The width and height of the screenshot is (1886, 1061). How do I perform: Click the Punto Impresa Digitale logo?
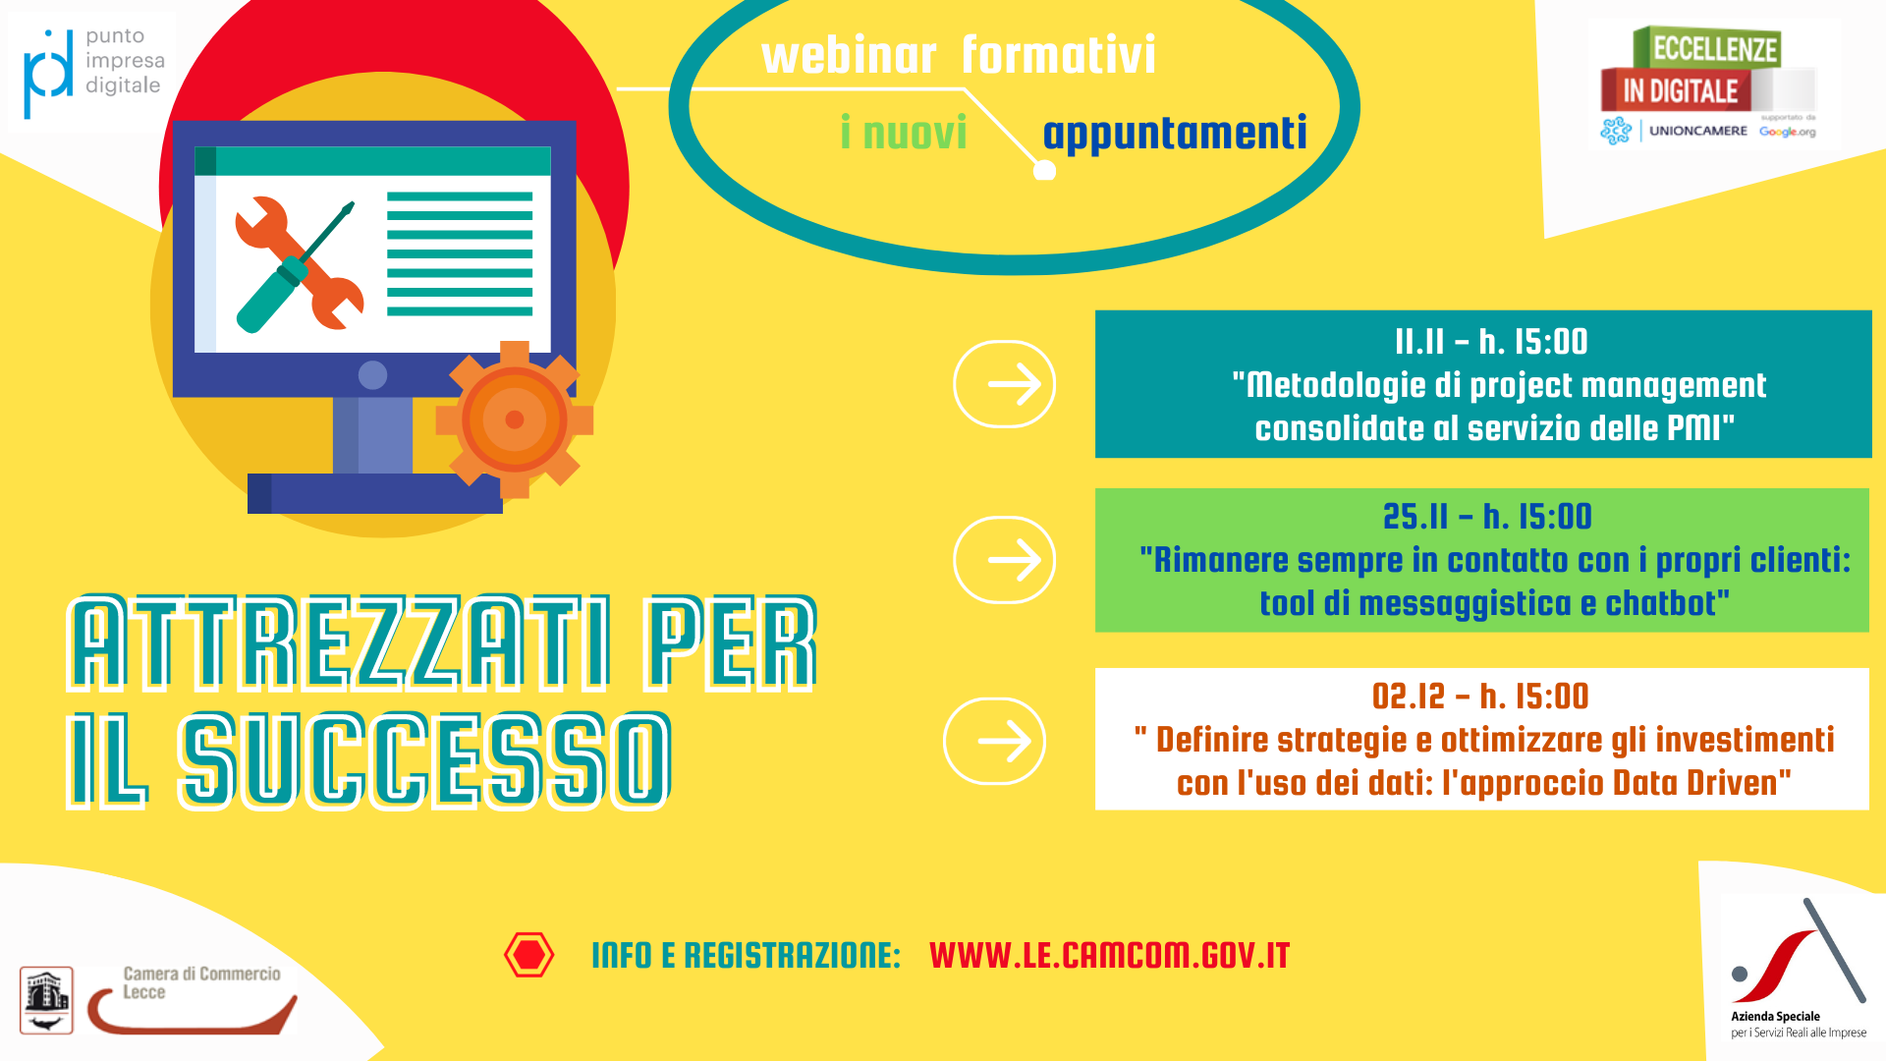coord(92,72)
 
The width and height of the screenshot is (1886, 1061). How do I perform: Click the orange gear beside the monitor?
coord(514,419)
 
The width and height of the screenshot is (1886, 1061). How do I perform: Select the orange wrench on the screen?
coord(300,263)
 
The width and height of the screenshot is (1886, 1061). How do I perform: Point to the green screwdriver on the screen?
coord(295,267)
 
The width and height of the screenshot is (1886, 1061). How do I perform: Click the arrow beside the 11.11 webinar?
coord(1004,384)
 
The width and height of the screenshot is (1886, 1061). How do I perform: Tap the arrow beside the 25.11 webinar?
coord(1004,560)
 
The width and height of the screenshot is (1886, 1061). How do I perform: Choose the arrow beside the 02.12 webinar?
coord(994,742)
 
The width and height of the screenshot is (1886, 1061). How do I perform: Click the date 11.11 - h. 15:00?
coord(1491,342)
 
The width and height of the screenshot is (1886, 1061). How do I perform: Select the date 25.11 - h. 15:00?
coord(1487,517)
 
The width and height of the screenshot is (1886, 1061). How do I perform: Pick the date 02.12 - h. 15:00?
coord(1480,697)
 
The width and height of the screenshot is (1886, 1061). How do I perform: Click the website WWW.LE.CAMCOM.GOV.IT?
coord(1109,955)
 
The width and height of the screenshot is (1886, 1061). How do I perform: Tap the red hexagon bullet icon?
coord(528,955)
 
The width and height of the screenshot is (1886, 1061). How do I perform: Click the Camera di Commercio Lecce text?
coord(201,982)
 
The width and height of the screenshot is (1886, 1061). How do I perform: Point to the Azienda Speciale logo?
coord(1799,968)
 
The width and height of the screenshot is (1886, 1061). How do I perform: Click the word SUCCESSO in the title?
coord(425,761)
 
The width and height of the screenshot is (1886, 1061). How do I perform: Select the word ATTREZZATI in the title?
coord(340,643)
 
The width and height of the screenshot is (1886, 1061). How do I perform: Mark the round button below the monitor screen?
coord(373,374)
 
